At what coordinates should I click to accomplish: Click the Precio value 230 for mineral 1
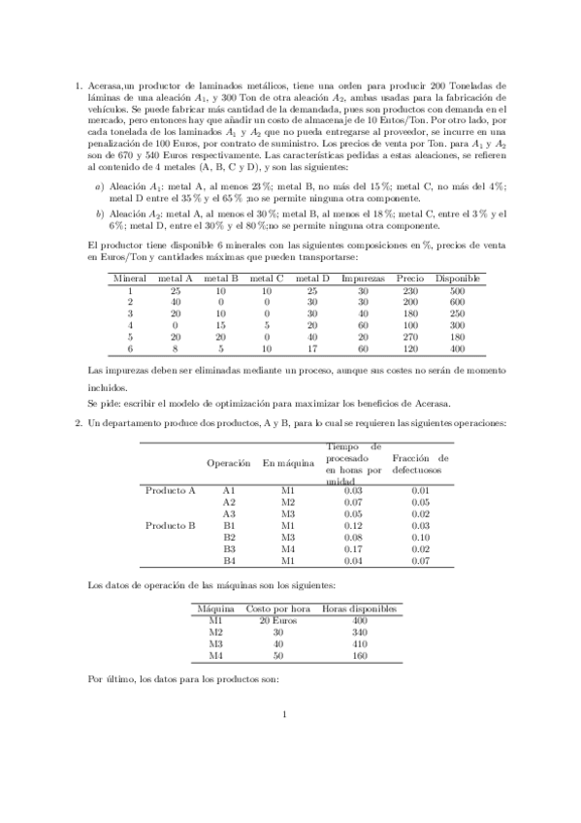409,290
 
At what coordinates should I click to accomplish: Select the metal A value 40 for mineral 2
175,302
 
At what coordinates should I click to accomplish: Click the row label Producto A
171,490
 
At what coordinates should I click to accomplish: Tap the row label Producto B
171,525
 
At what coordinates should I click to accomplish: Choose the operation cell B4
230,560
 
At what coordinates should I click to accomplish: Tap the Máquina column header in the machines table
216,608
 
